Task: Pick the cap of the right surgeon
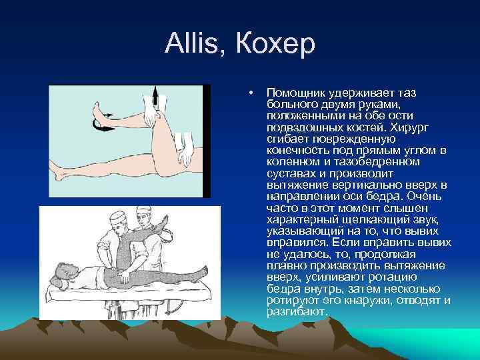coord(141,213)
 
